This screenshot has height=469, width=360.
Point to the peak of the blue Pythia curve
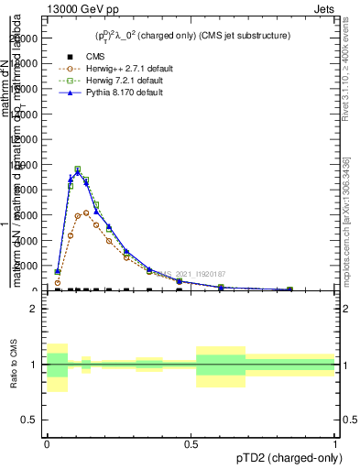[x=78, y=171]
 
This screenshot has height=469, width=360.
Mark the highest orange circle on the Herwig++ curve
[x=86, y=213]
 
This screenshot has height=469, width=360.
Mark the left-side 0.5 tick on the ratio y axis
[x=30, y=420]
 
